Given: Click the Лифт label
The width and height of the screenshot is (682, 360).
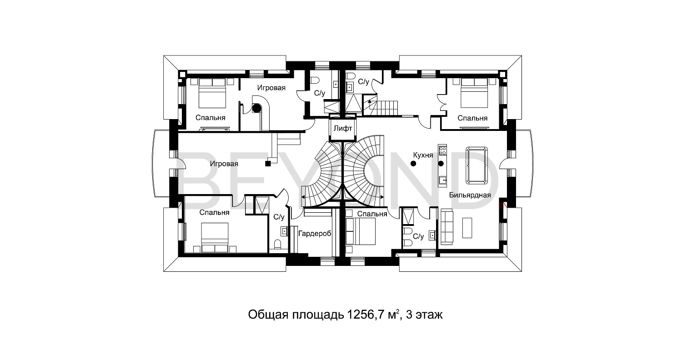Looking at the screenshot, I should pos(343,128).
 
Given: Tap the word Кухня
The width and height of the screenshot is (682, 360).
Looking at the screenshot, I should pos(422,155).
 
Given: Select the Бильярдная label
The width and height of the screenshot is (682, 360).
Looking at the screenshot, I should pos(470,195).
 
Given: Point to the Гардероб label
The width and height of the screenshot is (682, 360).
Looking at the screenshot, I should pos(314,234).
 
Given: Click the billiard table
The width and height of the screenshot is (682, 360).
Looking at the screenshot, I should pos(476,165).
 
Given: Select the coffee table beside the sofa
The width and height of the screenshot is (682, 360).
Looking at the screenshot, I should pos(467,227).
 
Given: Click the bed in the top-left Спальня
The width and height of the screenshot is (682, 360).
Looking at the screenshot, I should pos(212,91).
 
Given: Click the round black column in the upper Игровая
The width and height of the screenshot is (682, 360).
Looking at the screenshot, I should pos(256,108).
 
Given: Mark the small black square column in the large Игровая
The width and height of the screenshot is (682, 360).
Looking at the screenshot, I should pos(268,163).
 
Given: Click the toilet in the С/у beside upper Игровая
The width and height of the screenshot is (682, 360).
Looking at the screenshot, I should pos(315,81).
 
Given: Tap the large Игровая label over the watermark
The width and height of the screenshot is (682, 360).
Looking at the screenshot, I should pos(224,164).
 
